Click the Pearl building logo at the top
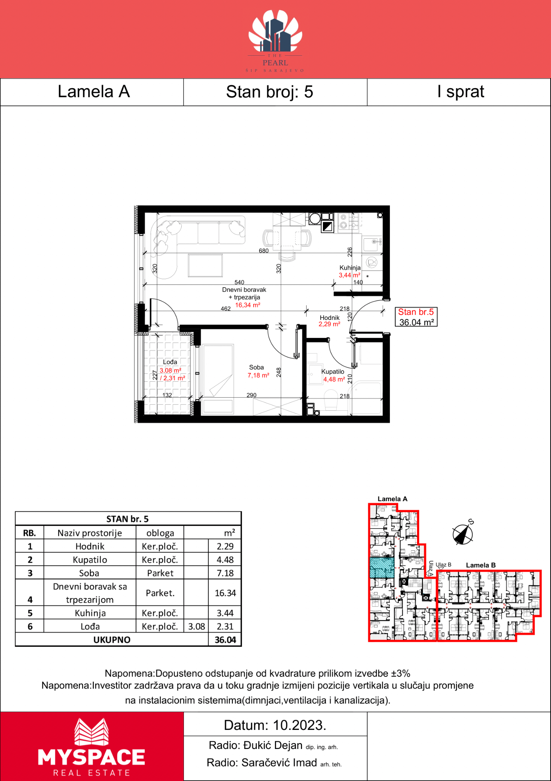pyautogui.click(x=275, y=41)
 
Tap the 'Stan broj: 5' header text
pyautogui.click(x=269, y=92)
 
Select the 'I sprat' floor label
pyautogui.click(x=461, y=92)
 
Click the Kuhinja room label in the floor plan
pyautogui.click(x=350, y=268)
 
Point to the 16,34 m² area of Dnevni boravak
pyautogui.click(x=248, y=305)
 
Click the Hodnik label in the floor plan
pyautogui.click(x=329, y=318)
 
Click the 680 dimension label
pyautogui.click(x=264, y=251)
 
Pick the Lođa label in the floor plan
pyautogui.click(x=170, y=362)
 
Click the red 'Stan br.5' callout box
pyautogui.click(x=416, y=317)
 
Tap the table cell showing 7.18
pyautogui.click(x=225, y=573)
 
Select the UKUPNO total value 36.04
pyautogui.click(x=225, y=640)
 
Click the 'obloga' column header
pyautogui.click(x=160, y=533)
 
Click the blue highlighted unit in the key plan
pyautogui.click(x=382, y=567)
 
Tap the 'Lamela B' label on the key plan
pyautogui.click(x=481, y=565)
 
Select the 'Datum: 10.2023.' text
pyautogui.click(x=275, y=725)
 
